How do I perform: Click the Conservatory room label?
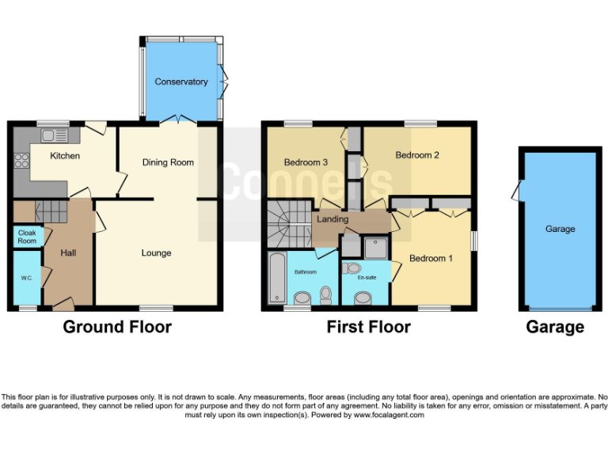click(x=181, y=82)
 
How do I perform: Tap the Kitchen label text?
click(x=65, y=156)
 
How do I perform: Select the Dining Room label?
click(x=168, y=162)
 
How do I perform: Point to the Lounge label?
click(x=156, y=253)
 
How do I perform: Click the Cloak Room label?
click(x=27, y=237)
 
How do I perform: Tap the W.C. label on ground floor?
click(x=27, y=279)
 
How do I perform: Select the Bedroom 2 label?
click(x=417, y=155)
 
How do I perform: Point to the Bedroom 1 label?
click(x=431, y=258)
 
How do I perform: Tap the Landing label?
click(x=333, y=219)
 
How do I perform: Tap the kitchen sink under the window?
click(x=53, y=134)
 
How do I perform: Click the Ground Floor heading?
click(x=116, y=327)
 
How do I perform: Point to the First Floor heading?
click(x=369, y=327)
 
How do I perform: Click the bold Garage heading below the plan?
click(x=555, y=327)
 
